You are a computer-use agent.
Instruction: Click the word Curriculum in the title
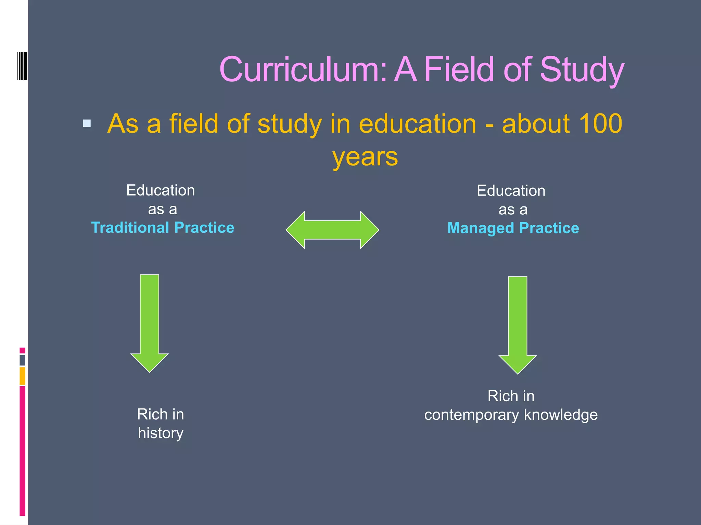coord(303,70)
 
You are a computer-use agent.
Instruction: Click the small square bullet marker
coord(87,123)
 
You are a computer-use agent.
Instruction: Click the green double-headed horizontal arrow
coord(332,230)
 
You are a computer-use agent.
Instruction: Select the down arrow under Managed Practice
coord(518,325)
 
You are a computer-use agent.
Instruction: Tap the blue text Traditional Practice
coord(163,228)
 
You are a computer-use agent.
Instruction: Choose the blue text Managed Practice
coord(513,228)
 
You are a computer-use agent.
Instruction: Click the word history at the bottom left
coord(161,433)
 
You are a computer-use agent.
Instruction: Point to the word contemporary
coord(472,415)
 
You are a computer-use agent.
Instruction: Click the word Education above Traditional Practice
coord(161,190)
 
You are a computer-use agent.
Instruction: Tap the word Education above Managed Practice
coord(511,191)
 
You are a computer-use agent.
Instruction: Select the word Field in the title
coord(459,70)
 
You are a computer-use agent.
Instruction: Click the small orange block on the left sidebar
coord(23,376)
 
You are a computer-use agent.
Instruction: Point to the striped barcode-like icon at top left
coord(22,66)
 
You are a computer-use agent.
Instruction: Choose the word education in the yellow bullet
coord(417,123)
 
